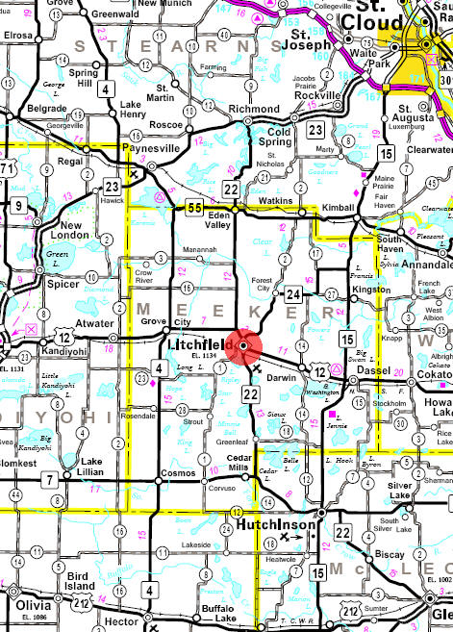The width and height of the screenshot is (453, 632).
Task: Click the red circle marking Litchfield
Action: pyautogui.click(x=246, y=344)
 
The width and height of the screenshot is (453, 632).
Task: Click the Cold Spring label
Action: pyautogui.click(x=279, y=136)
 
